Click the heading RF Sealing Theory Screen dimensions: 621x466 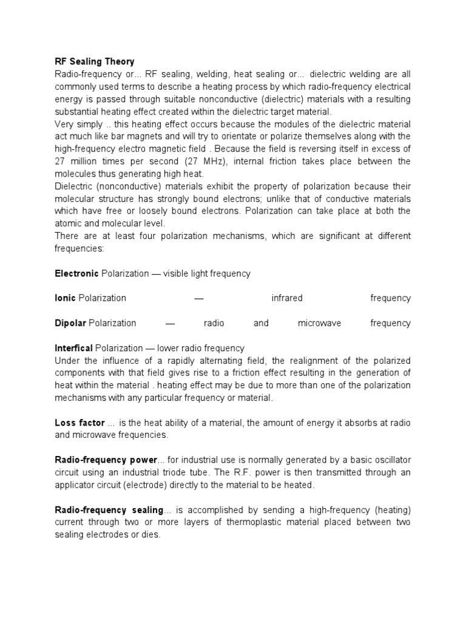(x=94, y=62)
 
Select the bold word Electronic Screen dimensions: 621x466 (x=76, y=274)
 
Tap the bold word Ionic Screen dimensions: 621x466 (x=65, y=298)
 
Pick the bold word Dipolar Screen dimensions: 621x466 (x=70, y=323)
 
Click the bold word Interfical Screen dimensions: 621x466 (x=73, y=348)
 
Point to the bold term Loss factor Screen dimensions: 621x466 (x=79, y=422)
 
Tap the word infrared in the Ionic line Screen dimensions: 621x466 (x=287, y=298)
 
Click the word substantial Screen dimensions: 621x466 (x=78, y=112)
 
